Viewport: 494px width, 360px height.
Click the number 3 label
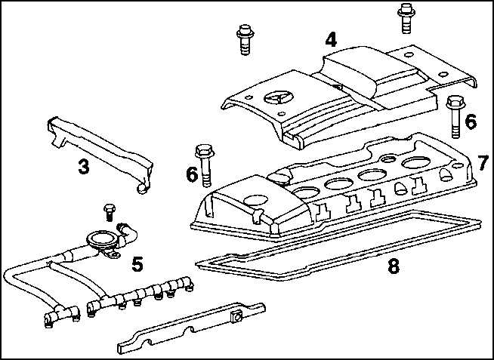(85, 167)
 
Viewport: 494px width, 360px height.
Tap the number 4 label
(330, 39)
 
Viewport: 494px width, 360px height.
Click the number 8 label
(393, 266)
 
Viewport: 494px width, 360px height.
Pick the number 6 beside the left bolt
(192, 174)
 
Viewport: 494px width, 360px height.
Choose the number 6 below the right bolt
(471, 121)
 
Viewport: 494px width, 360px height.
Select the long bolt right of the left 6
(205, 162)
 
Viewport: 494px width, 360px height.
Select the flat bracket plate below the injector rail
(189, 330)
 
